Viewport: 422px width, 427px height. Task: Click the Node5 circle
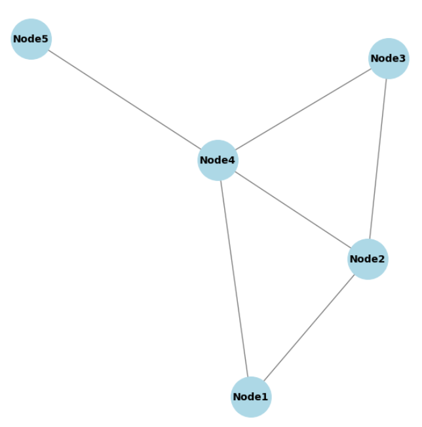point(31,39)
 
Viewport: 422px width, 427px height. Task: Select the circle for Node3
point(389,58)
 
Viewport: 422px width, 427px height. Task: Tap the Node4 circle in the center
point(218,160)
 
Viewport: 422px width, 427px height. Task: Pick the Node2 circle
point(368,259)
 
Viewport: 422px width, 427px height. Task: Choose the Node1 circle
point(251,397)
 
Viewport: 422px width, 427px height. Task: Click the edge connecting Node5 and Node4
point(125,100)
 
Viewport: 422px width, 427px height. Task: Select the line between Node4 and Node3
point(303,110)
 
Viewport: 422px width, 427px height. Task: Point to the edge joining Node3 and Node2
point(378,159)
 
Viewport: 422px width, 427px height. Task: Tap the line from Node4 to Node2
point(292,209)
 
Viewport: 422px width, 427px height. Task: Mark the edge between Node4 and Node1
point(234,278)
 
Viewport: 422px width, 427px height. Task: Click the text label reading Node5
point(31,39)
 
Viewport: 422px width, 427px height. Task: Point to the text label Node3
point(389,58)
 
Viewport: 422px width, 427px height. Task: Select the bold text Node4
point(218,160)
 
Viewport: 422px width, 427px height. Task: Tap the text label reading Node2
point(368,259)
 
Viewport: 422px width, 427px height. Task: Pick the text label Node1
point(251,397)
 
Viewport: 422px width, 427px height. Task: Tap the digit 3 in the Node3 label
point(403,58)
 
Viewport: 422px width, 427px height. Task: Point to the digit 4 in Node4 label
point(233,160)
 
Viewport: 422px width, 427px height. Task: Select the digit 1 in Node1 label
point(265,397)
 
